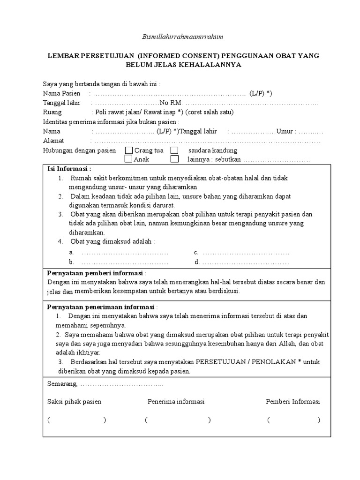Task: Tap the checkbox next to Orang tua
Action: pyautogui.click(x=128, y=150)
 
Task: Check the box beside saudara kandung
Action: pyautogui.click(x=174, y=150)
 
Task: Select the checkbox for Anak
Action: pyautogui.click(x=128, y=159)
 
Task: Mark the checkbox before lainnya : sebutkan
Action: pyautogui.click(x=174, y=159)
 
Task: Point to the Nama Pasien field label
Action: pyautogui.click(x=62, y=93)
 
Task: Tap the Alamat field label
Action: pyautogui.click(x=53, y=141)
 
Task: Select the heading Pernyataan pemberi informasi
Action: pyautogui.click(x=96, y=273)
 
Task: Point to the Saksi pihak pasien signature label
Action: pyautogui.click(x=75, y=402)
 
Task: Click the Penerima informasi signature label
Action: pyautogui.click(x=176, y=402)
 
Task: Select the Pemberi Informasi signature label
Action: pyautogui.click(x=292, y=402)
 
